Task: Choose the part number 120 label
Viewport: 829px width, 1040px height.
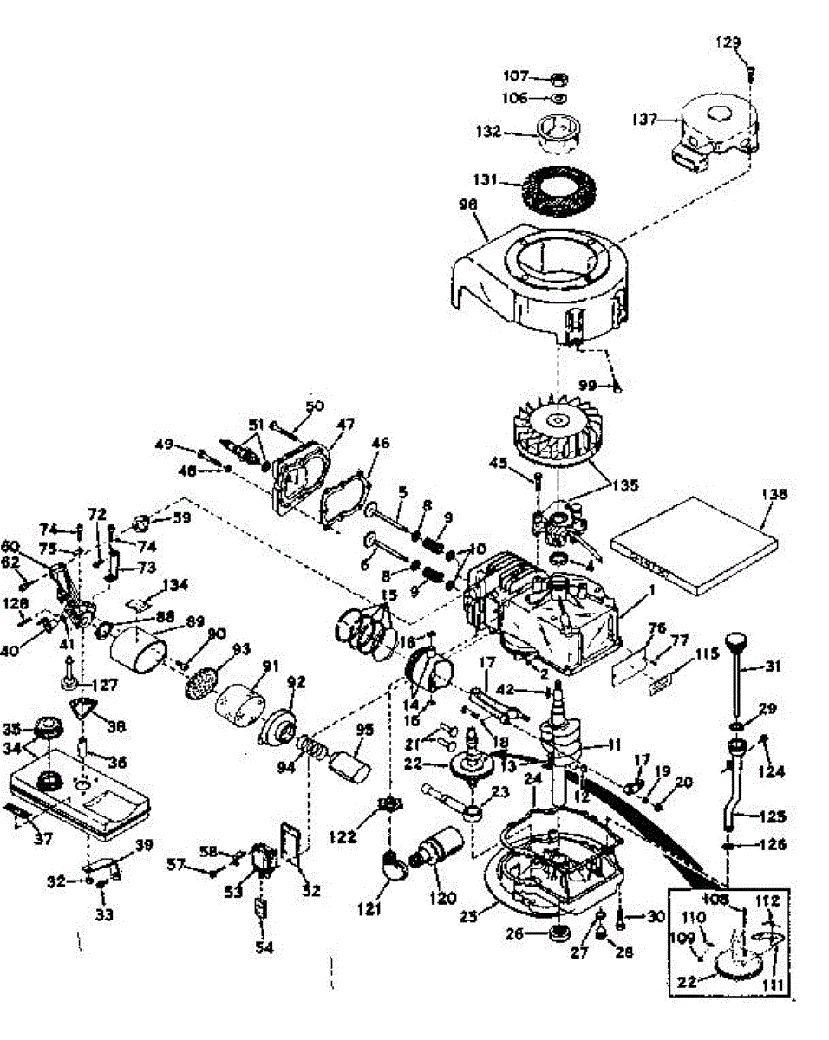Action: tap(442, 899)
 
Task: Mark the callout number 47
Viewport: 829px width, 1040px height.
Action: tap(346, 426)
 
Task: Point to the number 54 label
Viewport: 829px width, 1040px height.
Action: tap(264, 948)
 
